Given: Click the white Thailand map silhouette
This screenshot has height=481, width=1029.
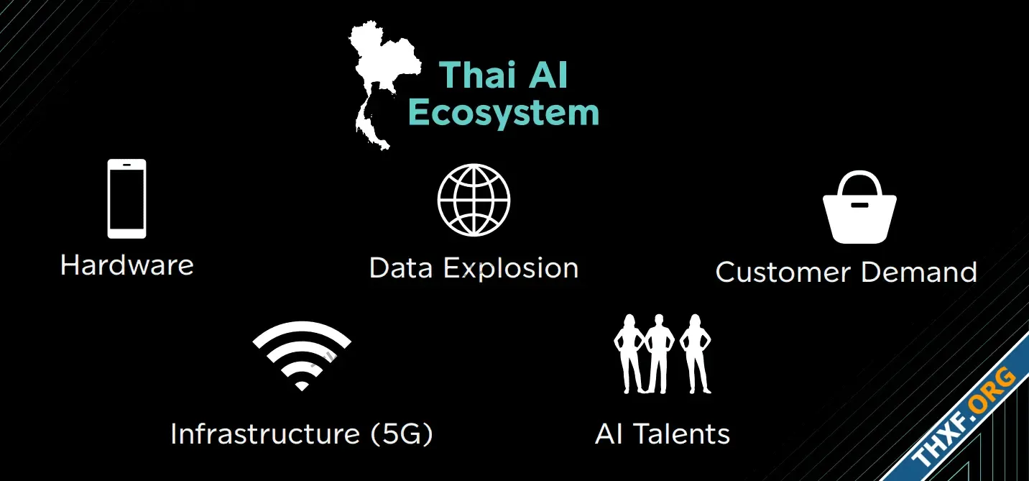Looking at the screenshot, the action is (377, 69).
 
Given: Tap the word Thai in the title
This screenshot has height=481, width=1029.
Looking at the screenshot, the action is (477, 75).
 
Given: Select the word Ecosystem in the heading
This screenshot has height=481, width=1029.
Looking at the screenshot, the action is (504, 113).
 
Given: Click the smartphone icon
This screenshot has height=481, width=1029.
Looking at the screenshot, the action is (126, 198).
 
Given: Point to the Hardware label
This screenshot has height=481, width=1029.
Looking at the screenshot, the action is (126, 265).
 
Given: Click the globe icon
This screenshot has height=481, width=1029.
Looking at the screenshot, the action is (474, 200).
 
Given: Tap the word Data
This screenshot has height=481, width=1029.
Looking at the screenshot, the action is (400, 268).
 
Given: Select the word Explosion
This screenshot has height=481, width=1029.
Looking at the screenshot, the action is (511, 269).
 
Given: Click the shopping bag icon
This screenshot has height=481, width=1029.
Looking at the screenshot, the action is (859, 207).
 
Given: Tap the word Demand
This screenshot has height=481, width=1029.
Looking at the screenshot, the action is (919, 272).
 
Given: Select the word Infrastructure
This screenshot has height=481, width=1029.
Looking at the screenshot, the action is (265, 434).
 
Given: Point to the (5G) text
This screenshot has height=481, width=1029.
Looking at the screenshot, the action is (402, 434).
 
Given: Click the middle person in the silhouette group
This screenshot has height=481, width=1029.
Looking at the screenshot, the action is (660, 354).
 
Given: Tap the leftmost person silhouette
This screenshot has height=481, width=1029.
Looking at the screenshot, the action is (629, 354).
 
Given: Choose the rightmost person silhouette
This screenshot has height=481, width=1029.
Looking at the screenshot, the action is (696, 354).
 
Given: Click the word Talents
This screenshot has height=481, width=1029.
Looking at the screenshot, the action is (681, 434).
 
